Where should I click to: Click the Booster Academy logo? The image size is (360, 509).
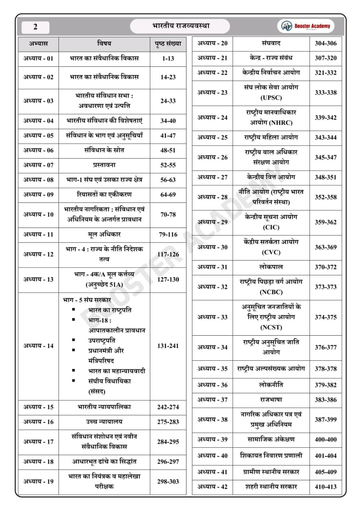coord(306,26)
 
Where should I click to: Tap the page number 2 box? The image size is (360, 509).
coord(35,27)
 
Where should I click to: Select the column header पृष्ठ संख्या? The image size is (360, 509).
coord(167,43)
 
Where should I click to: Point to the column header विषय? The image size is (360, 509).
coord(104,43)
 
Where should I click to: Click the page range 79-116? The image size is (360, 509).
coord(168,234)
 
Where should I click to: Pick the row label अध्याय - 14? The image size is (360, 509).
coord(38,346)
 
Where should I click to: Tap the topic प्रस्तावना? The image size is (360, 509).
coord(104,165)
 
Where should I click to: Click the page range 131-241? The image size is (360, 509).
coord(168,346)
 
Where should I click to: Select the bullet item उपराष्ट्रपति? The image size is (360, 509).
coord(102,340)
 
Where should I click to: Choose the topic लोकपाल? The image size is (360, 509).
coord(271,267)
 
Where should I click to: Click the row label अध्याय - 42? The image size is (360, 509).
coord(212,486)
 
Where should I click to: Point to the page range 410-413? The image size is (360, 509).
coord(325,486)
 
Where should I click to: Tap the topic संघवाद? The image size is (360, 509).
coord(271,43)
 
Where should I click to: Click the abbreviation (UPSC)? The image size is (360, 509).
coord(271,97)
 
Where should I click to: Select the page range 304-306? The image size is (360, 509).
coord(325,43)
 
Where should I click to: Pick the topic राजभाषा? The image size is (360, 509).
coord(271,399)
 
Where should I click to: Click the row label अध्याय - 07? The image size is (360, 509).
coord(38,165)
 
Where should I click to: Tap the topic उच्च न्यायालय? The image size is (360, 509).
coord(104,422)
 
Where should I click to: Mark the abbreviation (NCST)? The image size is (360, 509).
coord(271,327)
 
